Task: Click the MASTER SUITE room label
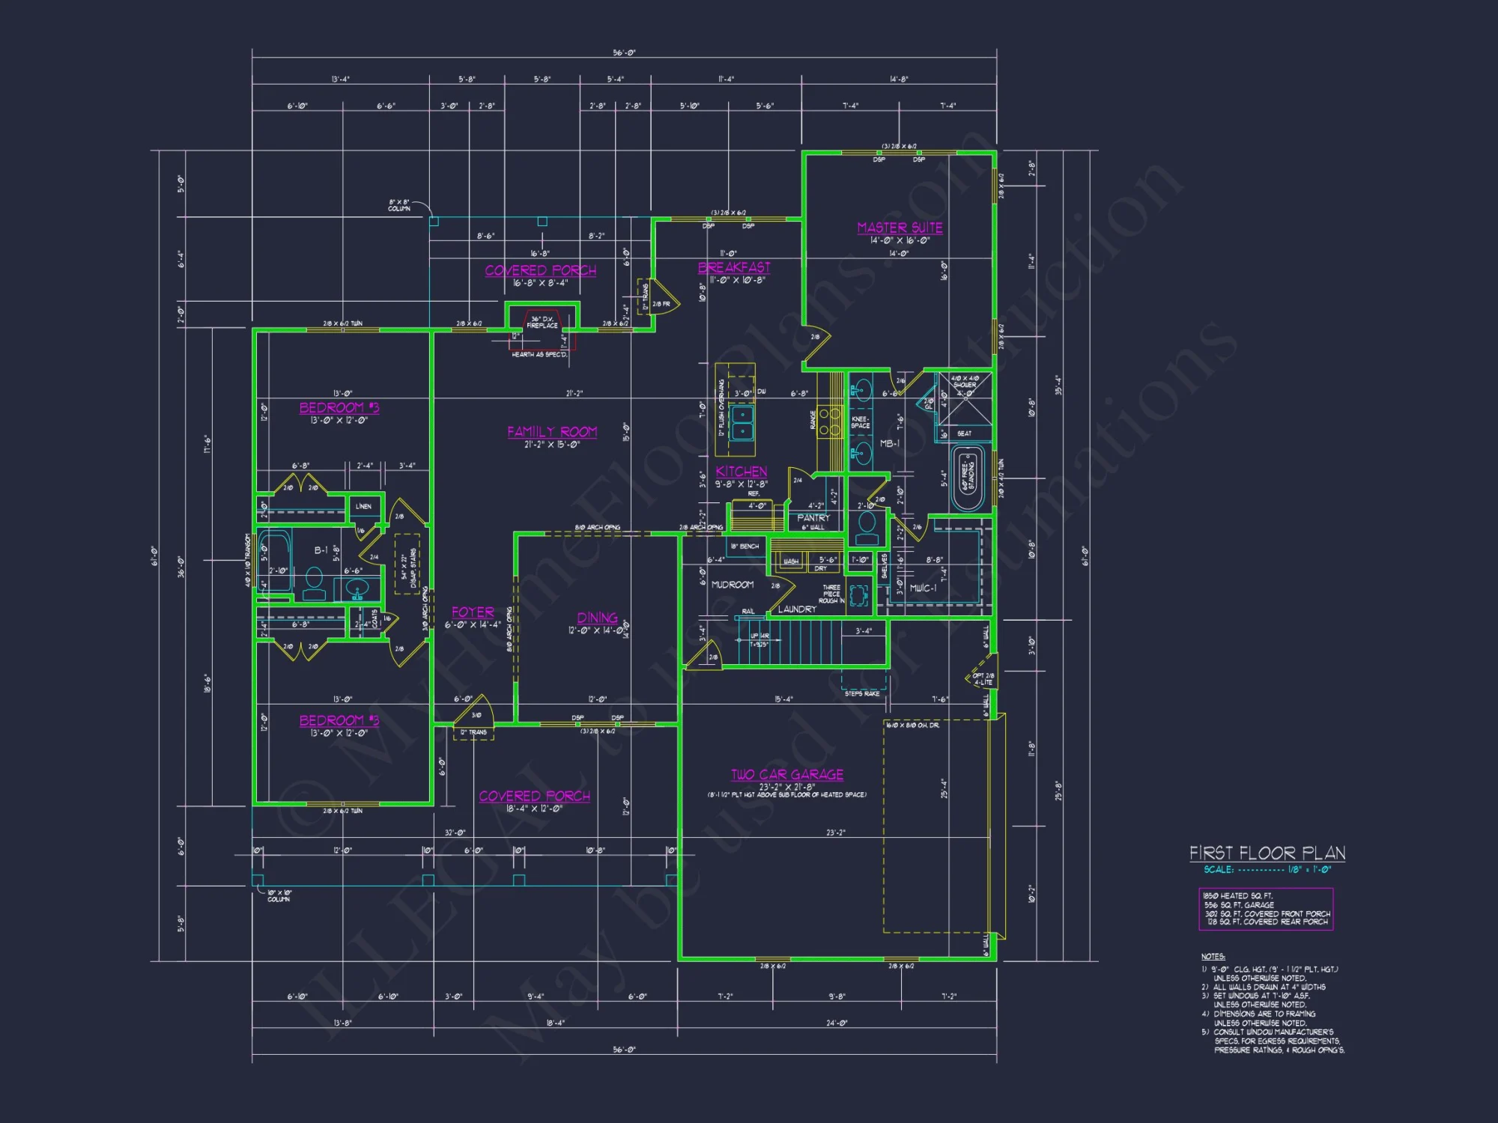tap(900, 228)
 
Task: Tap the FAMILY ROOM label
tap(552, 432)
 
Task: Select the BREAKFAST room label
tap(734, 267)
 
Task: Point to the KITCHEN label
tap(741, 472)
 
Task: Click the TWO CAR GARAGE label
tap(787, 775)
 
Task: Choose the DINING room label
tap(597, 618)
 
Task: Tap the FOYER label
tap(473, 612)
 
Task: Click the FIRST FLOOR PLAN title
tap(1267, 853)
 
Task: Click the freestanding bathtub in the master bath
tap(967, 478)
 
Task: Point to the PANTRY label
tap(813, 518)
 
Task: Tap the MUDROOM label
tap(732, 585)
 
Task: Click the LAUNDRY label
tap(797, 609)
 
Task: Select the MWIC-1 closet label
tap(923, 588)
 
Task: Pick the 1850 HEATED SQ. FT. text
tap(1237, 896)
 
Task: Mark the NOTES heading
tap(1213, 957)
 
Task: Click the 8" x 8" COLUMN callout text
tap(399, 205)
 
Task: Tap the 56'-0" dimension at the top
tap(624, 53)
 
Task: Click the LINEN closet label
tap(363, 507)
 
